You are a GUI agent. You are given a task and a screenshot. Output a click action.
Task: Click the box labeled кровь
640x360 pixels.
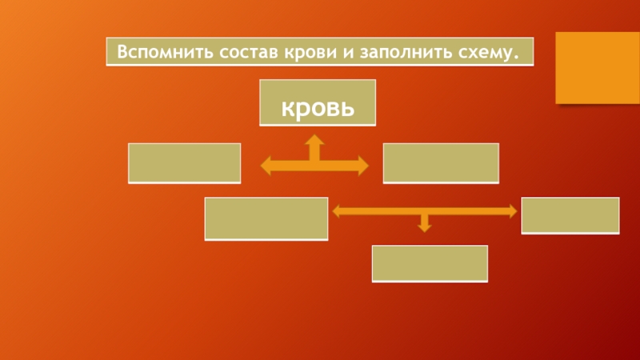(318, 102)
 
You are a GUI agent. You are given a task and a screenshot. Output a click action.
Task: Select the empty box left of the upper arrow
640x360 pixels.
(184, 162)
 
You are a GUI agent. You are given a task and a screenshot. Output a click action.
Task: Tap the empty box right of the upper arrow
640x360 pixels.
(441, 162)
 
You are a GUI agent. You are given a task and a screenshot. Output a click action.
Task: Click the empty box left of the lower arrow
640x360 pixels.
(266, 218)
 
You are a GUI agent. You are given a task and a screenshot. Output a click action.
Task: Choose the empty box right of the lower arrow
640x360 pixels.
(570, 215)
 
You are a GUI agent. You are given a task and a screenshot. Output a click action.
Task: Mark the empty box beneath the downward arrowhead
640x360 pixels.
(430, 263)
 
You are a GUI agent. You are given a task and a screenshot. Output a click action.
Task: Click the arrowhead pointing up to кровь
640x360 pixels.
(315, 140)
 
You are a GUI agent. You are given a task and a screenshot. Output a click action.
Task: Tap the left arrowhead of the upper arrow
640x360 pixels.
(266, 166)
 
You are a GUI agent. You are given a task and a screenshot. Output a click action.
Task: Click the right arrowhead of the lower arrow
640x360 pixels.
(512, 211)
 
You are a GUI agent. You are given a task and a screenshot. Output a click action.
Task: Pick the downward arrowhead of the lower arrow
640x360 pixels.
(425, 228)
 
